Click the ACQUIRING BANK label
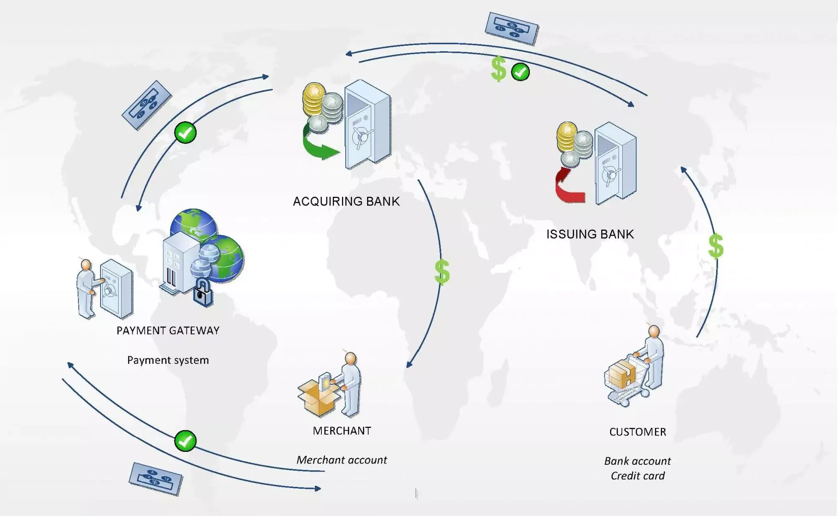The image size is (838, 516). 346,201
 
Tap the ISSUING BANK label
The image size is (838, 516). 590,234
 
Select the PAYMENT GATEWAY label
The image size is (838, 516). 168,331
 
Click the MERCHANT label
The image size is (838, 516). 342,431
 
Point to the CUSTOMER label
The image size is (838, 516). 637,432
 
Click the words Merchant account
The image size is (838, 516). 341,460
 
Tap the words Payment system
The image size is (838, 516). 168,360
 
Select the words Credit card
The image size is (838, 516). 637,476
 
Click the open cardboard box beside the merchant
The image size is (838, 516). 318,396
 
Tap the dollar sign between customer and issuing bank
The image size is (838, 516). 716,246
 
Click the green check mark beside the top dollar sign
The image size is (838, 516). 520,72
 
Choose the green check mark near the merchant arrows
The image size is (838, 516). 185,441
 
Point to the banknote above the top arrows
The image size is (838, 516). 512,28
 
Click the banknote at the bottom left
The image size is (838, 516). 156,479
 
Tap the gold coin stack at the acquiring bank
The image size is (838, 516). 313,100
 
